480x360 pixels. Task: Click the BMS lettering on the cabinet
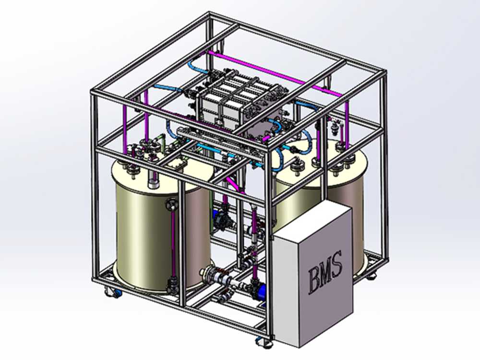click(x=325, y=272)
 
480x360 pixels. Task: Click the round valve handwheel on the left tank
click(x=172, y=204)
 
